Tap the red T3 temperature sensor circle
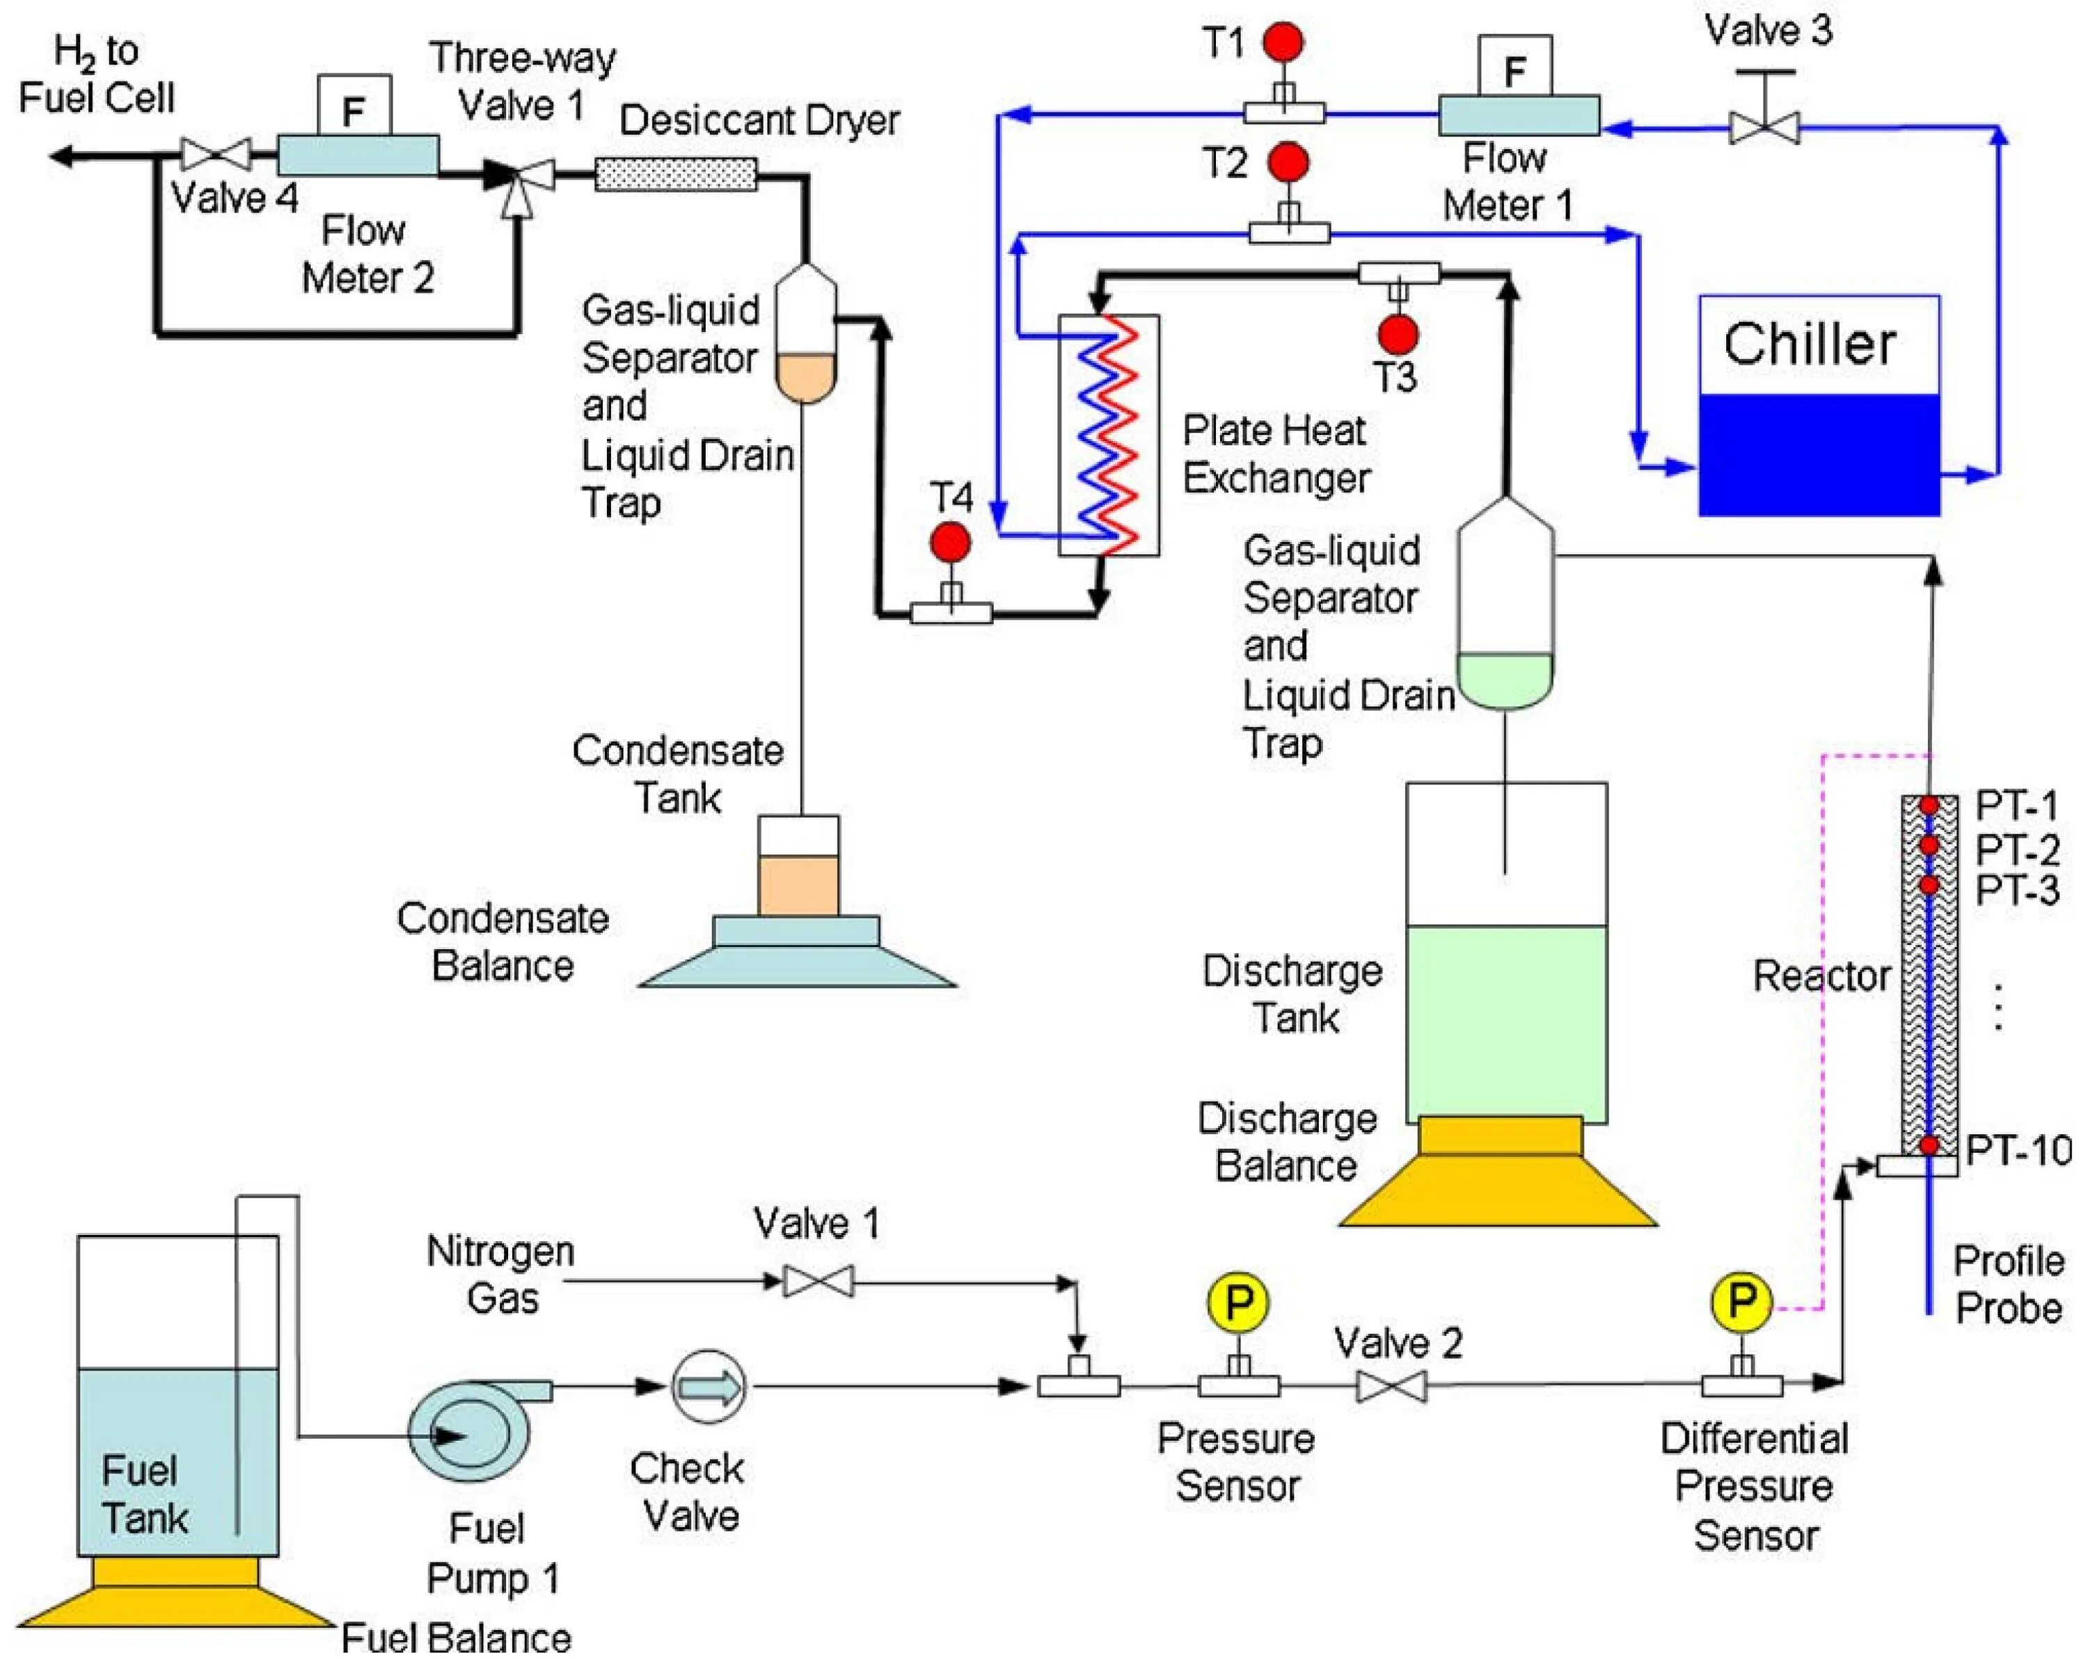[x=1398, y=334]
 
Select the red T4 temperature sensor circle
[x=950, y=543]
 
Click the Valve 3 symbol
[x=1764, y=126]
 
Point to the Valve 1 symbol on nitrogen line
[x=818, y=1281]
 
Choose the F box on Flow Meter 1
[x=1514, y=67]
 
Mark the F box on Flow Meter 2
[x=354, y=106]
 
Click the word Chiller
[x=1809, y=344]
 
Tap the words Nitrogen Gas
[x=500, y=1274]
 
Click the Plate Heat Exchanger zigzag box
[x=1109, y=435]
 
